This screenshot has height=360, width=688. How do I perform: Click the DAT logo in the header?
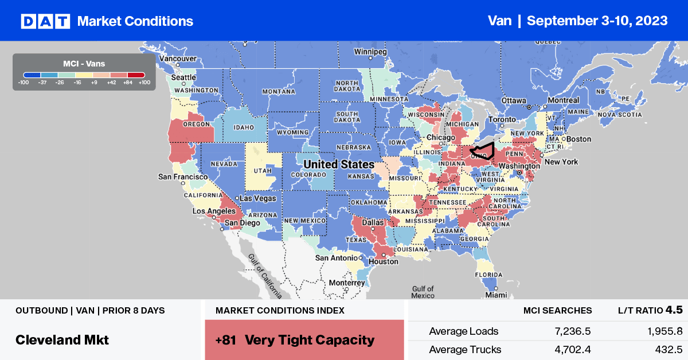45,21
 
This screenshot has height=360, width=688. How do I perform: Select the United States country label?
338,165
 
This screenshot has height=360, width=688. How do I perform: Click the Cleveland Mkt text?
62,339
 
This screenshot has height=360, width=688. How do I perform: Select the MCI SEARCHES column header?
557,310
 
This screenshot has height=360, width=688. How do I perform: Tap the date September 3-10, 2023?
597,21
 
